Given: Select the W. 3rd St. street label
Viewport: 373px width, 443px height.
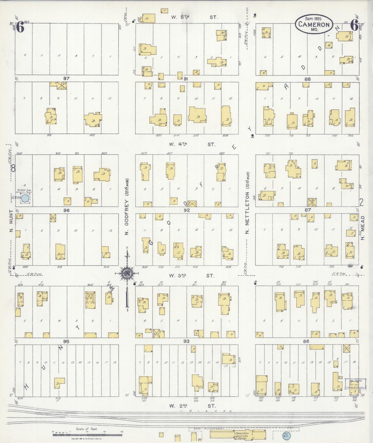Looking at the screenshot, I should point(192,276).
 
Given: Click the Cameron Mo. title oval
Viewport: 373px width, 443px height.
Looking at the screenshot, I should point(314,24).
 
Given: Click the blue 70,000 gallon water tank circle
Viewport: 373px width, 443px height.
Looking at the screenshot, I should point(25,198).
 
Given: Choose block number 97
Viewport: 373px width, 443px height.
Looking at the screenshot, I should point(66,78).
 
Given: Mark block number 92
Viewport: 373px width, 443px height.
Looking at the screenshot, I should point(187,210).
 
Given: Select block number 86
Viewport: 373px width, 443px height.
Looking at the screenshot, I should point(306,341).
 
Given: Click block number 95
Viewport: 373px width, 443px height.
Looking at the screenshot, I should point(66,341).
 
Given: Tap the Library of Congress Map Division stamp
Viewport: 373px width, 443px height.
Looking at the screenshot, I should point(356,384).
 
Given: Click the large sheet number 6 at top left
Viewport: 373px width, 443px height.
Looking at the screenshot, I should point(20,27).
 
